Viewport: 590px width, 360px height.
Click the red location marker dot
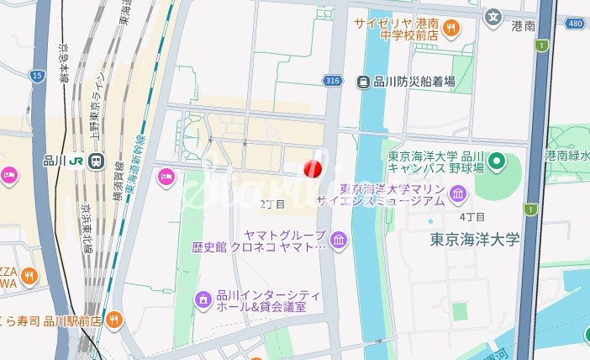click(313, 169)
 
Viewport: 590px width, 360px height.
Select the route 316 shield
click(332, 81)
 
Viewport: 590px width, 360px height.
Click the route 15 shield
click(37, 76)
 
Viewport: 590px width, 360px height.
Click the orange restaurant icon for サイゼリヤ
click(451, 29)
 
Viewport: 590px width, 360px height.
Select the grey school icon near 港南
click(493, 15)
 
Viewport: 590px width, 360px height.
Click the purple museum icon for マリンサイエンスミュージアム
click(458, 196)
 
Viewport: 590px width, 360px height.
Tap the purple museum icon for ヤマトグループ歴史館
click(338, 241)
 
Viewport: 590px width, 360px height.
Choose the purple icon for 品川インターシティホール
click(203, 299)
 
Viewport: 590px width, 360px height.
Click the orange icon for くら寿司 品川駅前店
click(114, 320)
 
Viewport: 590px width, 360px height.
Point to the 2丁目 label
click(272, 204)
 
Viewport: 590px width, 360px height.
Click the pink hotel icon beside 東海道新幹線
click(166, 176)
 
